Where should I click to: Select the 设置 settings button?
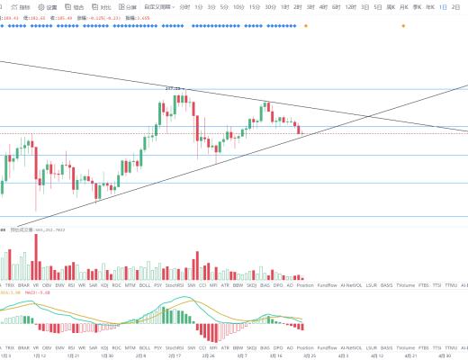click(49, 7)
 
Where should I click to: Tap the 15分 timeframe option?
click(254, 7)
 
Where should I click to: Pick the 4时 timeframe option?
click(322, 7)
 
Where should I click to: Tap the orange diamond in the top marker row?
click(304, 25)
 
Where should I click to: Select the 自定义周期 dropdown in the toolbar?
click(157, 7)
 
